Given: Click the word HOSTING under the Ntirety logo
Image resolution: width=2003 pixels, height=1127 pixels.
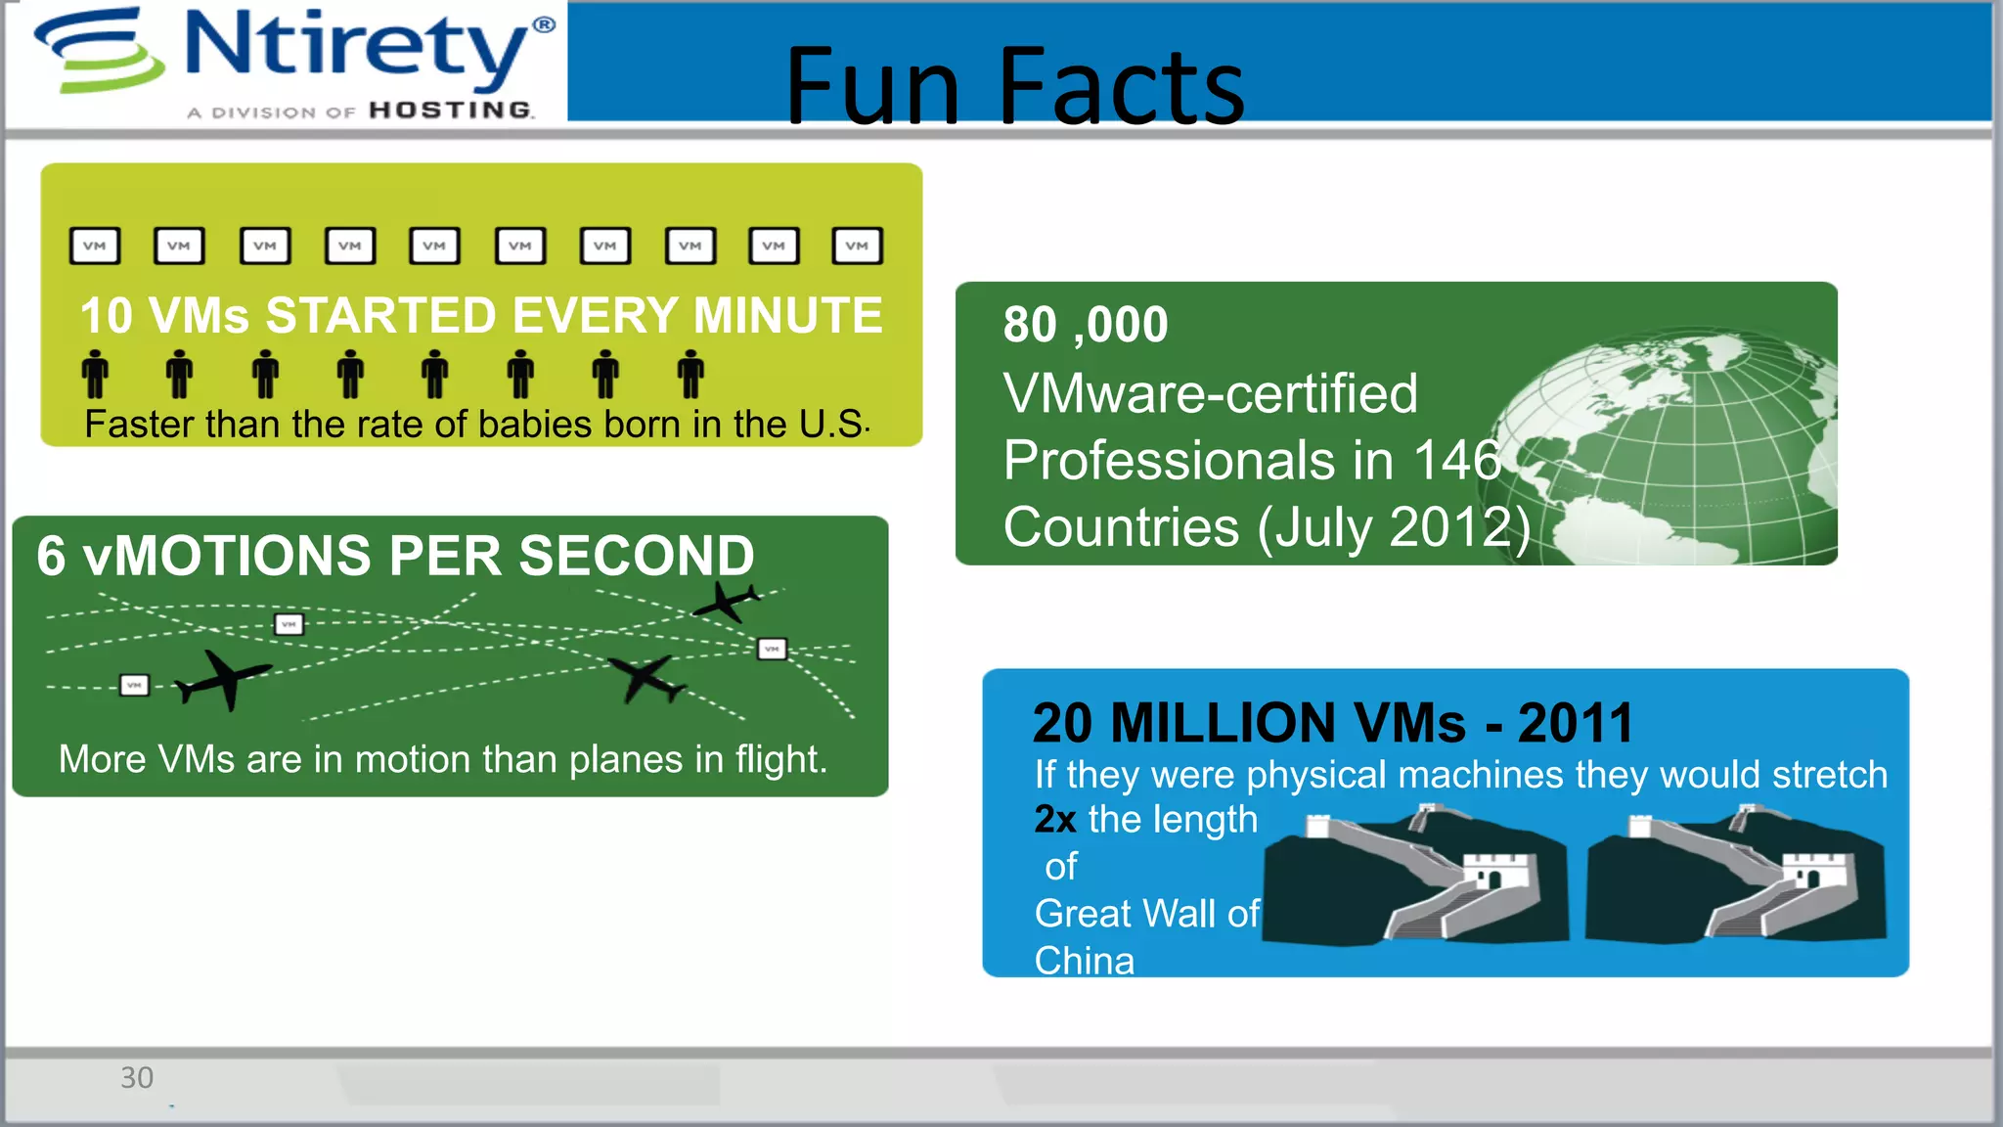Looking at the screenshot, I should [x=451, y=111].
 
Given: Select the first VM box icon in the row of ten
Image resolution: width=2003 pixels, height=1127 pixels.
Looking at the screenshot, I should [x=95, y=246].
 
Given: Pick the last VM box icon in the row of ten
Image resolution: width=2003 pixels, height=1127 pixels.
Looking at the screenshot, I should [x=857, y=246].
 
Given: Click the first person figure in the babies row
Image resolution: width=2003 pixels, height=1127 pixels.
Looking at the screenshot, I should [x=95, y=374].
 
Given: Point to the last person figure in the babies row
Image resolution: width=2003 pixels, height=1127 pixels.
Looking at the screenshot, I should [x=690, y=374].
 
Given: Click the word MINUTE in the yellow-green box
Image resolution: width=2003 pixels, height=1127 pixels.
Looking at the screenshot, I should [x=787, y=316].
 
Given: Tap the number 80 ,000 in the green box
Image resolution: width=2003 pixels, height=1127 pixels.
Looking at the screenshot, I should [x=1085, y=325].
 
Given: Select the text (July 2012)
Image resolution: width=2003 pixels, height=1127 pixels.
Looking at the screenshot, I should [x=1394, y=528].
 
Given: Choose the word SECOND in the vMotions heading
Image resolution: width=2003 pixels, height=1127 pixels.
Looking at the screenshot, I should [x=637, y=556].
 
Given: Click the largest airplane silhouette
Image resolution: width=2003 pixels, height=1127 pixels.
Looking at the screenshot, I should [x=224, y=678].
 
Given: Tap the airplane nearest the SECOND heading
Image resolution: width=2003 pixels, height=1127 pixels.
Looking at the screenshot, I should [x=726, y=601].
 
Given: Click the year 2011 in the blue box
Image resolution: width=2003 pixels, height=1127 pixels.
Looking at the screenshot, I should [x=1576, y=723].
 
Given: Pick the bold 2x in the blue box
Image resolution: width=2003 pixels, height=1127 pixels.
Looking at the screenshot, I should [x=1055, y=820].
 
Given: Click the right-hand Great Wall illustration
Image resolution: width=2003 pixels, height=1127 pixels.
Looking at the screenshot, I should [x=1737, y=874].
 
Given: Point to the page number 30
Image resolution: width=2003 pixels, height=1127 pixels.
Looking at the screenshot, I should [x=137, y=1077].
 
